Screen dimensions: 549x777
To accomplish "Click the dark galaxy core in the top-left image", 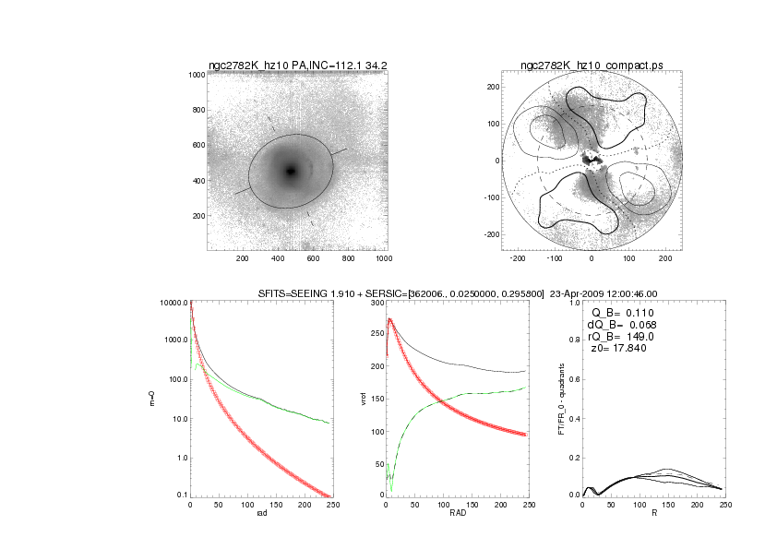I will coord(291,171).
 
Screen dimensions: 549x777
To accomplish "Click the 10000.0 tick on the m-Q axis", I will coord(174,303).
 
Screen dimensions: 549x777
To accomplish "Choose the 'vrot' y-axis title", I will coord(349,399).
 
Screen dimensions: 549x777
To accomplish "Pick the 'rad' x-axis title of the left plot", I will coord(261,515).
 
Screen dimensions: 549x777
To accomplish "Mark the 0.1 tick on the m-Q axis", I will coord(181,495).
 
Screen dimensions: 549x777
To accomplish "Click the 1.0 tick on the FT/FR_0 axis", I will coord(574,303).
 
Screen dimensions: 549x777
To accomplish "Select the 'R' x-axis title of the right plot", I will coord(653,515).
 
